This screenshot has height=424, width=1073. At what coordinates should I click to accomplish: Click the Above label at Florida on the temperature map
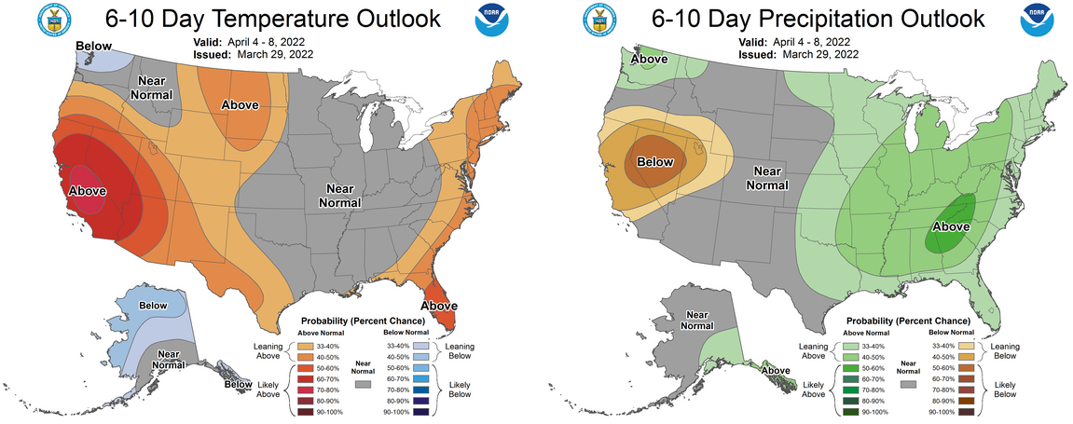(x=439, y=305)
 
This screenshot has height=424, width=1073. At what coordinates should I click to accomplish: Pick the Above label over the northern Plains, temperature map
(x=240, y=104)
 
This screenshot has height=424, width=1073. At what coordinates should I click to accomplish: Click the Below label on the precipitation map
(x=654, y=162)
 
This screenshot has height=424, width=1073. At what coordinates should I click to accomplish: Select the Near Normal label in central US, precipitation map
(x=766, y=177)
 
